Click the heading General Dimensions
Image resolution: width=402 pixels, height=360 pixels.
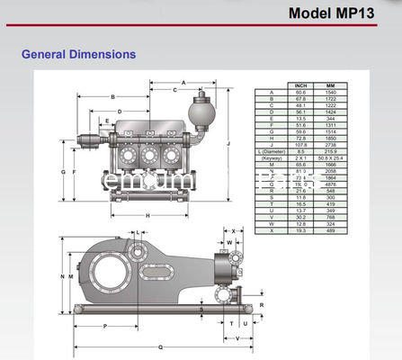click(78, 55)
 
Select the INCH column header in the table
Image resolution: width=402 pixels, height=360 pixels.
click(300, 85)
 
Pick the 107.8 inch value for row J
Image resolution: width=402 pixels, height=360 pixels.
click(300, 144)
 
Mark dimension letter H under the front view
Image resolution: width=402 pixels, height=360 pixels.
click(147, 215)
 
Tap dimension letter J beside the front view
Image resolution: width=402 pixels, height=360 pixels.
click(230, 143)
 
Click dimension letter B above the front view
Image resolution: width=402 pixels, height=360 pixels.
click(114, 96)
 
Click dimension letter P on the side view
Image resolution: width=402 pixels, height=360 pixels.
click(107, 325)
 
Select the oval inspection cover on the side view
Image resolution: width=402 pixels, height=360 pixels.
click(165, 267)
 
